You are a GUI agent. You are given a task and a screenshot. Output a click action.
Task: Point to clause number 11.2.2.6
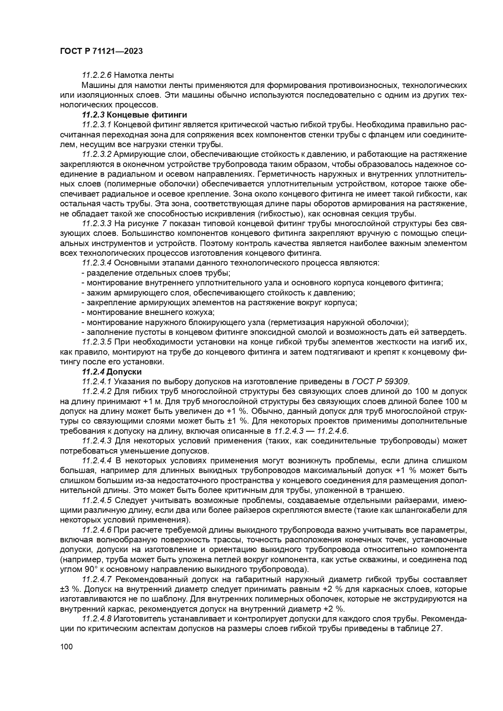(97, 75)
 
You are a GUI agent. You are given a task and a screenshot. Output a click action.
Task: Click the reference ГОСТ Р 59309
(381, 381)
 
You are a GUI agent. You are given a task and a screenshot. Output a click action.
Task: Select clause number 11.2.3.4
(97, 263)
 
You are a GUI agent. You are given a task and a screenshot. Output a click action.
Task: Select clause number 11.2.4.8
(97, 619)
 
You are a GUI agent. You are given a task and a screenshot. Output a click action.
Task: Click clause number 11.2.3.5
(97, 342)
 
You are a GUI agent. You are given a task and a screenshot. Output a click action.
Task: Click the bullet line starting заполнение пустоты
(276, 332)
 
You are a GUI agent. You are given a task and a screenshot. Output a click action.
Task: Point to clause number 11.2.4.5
(97, 500)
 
